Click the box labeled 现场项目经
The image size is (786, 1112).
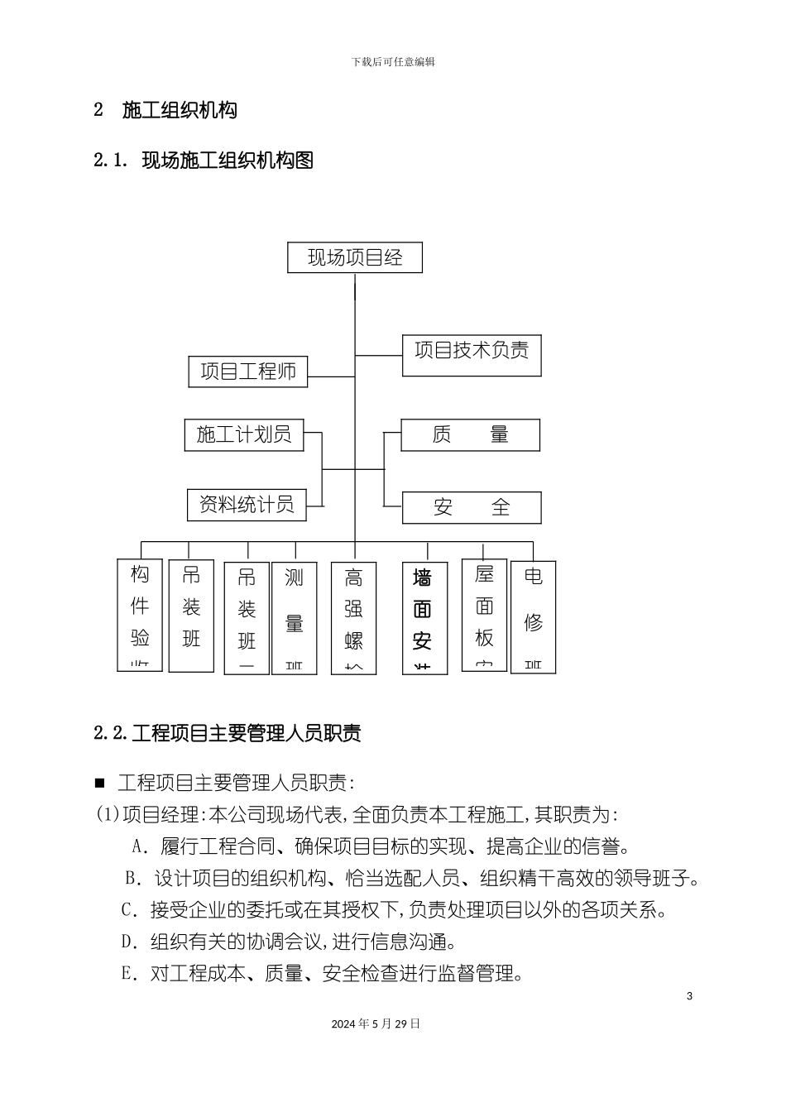[355, 257]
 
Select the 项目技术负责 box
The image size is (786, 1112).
[472, 355]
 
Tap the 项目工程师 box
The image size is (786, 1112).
[248, 371]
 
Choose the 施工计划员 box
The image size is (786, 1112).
[244, 435]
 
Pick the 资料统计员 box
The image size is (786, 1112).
[247, 505]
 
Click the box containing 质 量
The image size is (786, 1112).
[470, 435]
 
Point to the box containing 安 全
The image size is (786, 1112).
[472, 507]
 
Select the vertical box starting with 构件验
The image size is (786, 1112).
[141, 616]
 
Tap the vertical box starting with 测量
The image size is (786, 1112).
[295, 618]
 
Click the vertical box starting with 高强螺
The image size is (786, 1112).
[354, 618]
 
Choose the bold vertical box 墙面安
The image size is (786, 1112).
[424, 618]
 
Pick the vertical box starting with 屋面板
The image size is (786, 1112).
[484, 616]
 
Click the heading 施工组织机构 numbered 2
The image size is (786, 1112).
[165, 110]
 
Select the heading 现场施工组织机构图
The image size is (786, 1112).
[204, 160]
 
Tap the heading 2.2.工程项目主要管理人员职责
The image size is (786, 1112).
[227, 732]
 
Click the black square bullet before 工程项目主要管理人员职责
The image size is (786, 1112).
[101, 783]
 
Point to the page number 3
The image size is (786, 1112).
[689, 995]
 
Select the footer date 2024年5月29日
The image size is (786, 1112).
[376, 1023]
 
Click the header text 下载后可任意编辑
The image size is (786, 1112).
[393, 62]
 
